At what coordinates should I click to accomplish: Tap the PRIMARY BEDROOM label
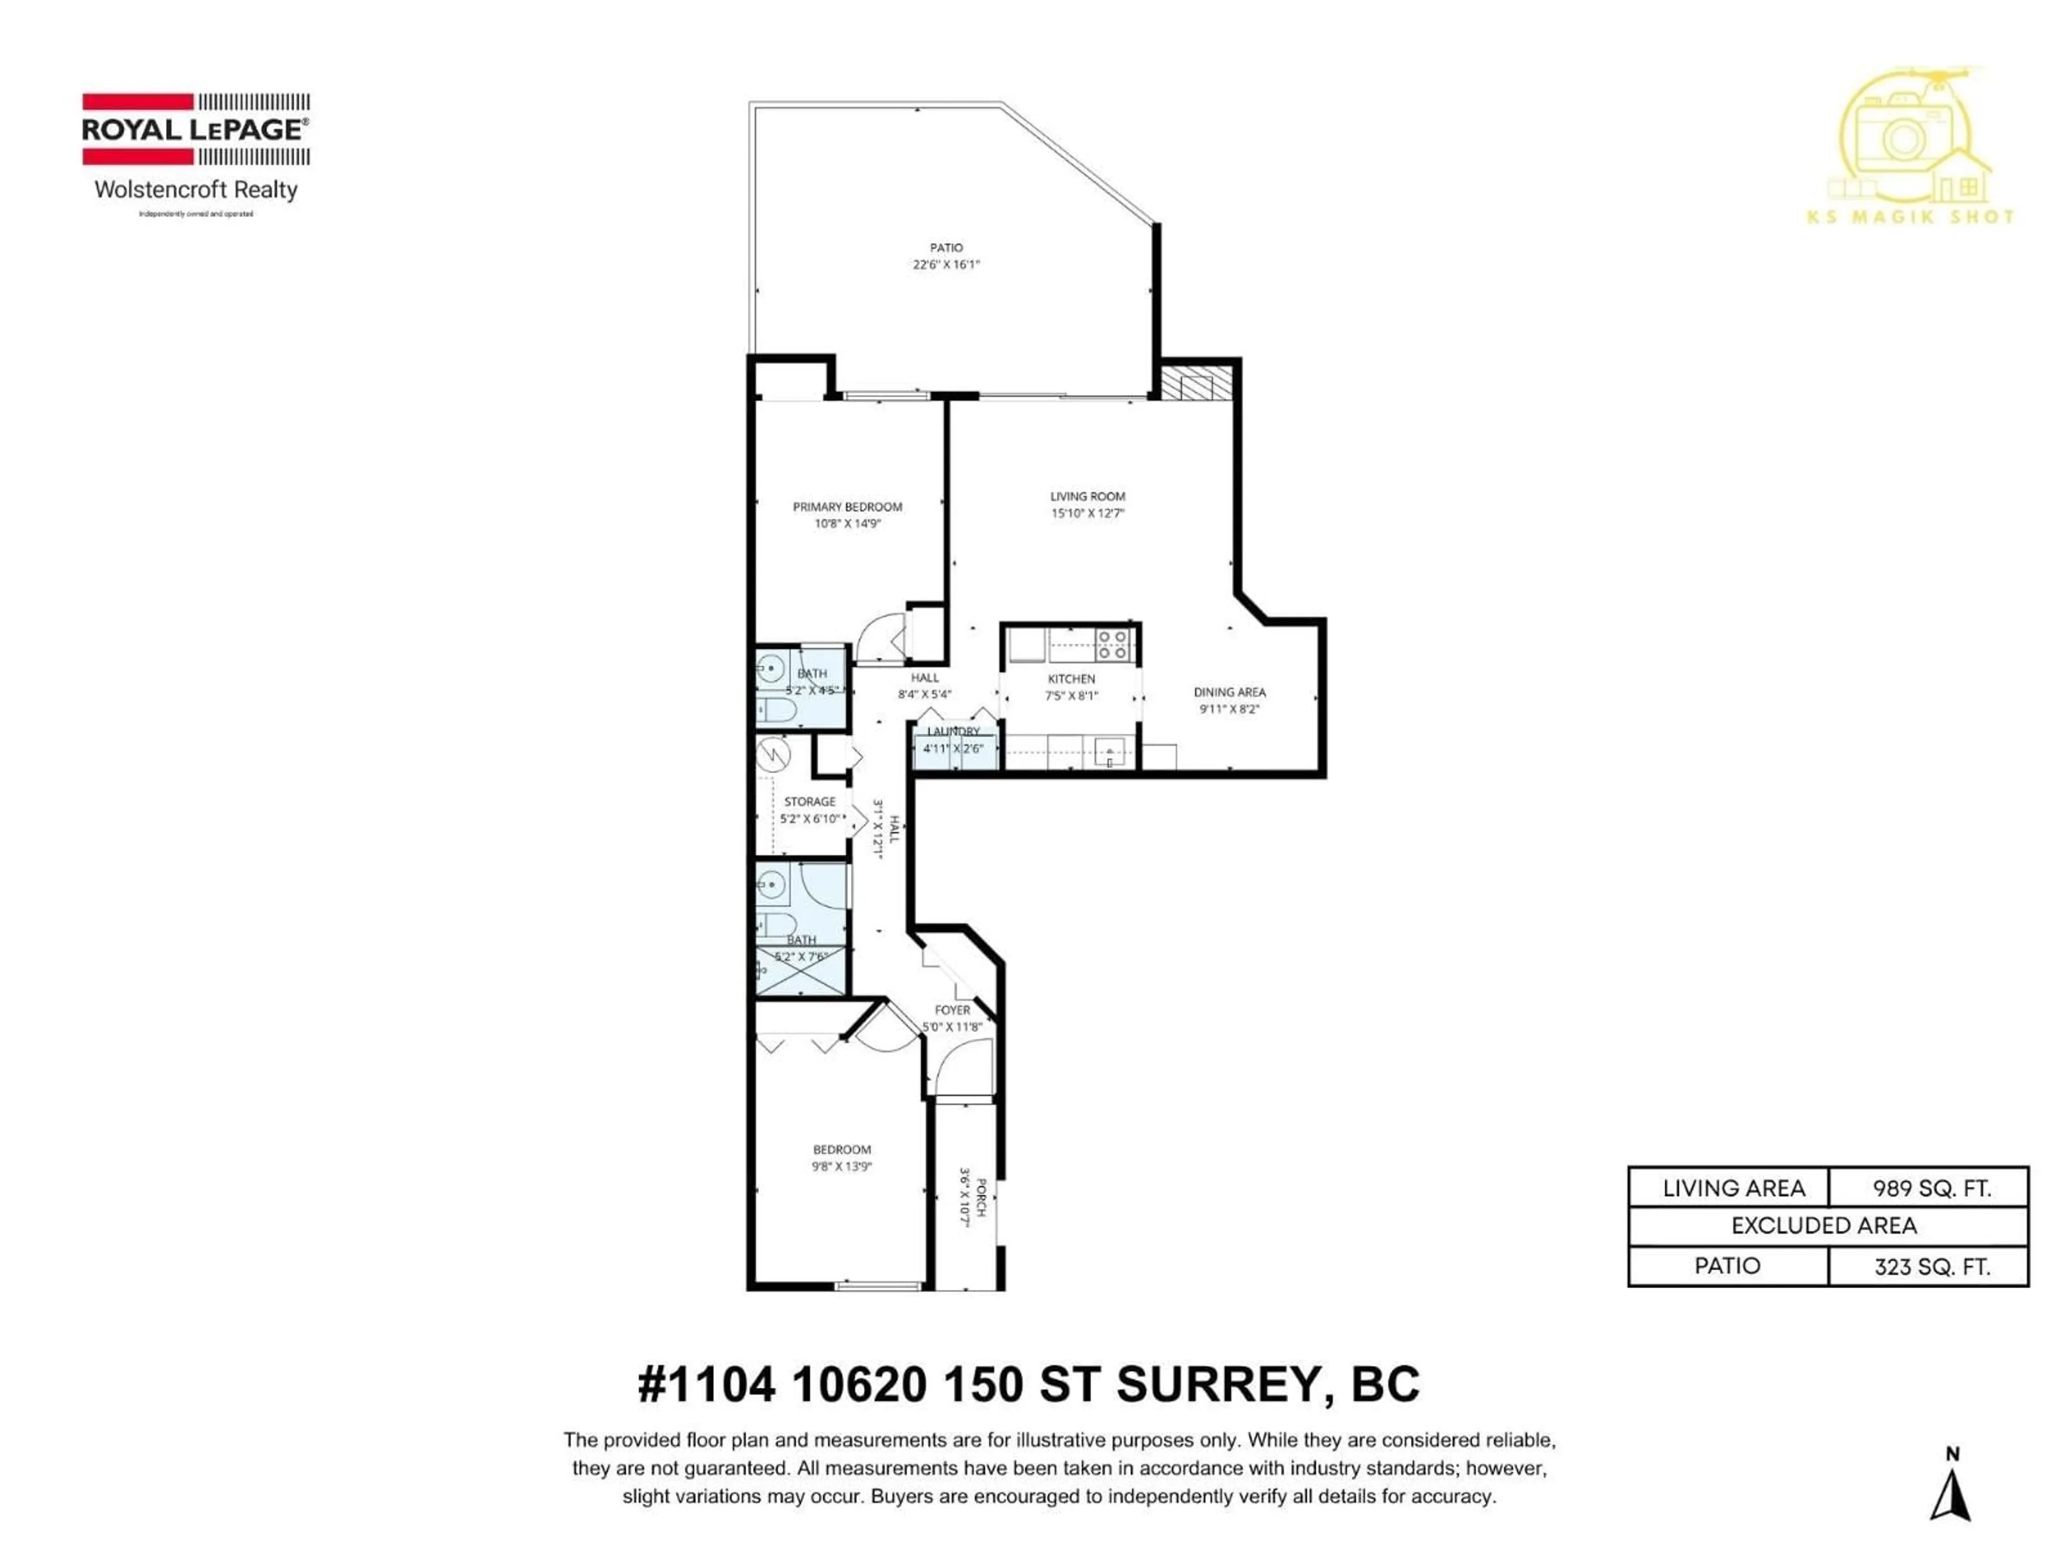[x=847, y=506]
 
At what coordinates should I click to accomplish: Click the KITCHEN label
[x=1071, y=679]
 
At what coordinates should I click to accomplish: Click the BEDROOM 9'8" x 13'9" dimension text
[x=841, y=1166]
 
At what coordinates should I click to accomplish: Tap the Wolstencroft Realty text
[x=196, y=190]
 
